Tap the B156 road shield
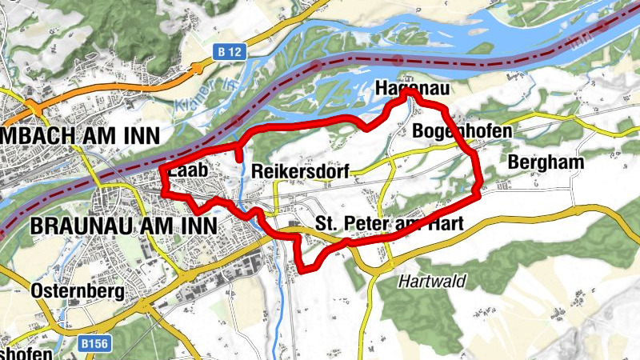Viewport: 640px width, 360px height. [93, 343]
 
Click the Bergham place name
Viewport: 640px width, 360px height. [546, 162]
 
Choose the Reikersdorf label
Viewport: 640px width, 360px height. [300, 171]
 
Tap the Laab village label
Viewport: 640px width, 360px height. [187, 171]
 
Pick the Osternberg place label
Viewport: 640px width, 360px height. [78, 291]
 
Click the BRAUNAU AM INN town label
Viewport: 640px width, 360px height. [123, 226]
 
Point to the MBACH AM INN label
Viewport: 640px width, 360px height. [80, 134]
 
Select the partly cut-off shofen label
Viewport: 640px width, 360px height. [26, 352]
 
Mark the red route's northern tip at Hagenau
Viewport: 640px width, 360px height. [407, 94]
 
